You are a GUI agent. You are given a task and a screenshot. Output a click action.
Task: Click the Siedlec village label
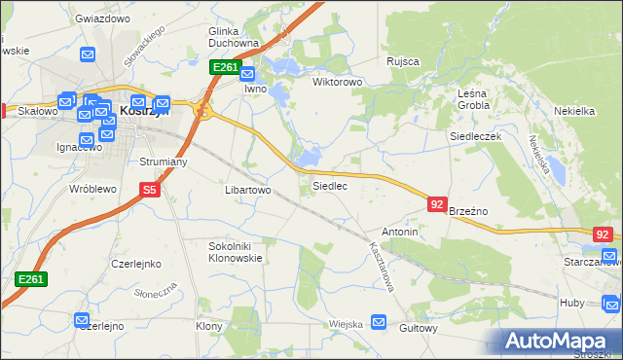[329, 185]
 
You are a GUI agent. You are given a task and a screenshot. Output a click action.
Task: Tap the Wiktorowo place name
[337, 82]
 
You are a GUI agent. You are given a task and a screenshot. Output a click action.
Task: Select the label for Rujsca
[402, 61]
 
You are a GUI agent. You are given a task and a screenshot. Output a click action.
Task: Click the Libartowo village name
[247, 190]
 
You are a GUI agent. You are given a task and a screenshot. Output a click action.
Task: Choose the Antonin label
[400, 233]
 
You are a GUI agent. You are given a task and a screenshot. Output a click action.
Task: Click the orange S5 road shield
[149, 191]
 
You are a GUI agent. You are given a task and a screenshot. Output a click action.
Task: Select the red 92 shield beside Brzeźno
[437, 204]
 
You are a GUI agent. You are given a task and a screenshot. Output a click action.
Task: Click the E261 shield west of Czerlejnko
[31, 279]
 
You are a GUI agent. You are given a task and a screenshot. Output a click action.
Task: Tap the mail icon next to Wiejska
[379, 322]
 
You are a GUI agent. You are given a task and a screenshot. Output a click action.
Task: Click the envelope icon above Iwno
[247, 73]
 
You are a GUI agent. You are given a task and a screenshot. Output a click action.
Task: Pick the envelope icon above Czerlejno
[84, 319]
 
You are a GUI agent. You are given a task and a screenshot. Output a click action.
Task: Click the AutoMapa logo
[560, 342]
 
